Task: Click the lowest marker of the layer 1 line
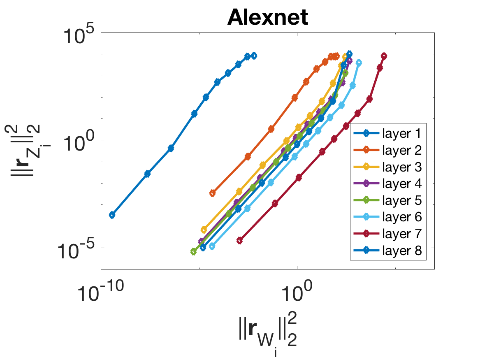click(112, 215)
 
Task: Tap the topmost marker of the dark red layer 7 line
click(384, 56)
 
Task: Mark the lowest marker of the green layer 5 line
click(193, 251)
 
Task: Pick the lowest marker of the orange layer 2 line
click(213, 193)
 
